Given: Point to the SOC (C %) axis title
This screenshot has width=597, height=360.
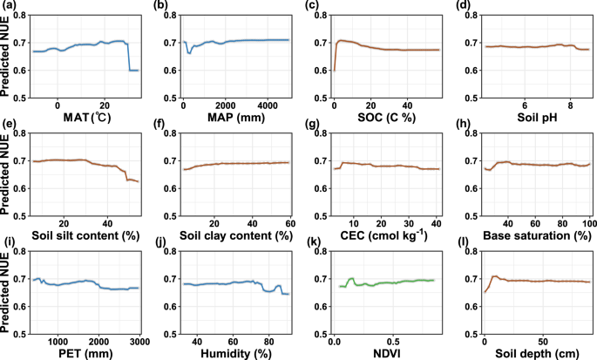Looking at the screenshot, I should (389, 118).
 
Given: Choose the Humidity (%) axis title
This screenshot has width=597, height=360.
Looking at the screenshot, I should (237, 355).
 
